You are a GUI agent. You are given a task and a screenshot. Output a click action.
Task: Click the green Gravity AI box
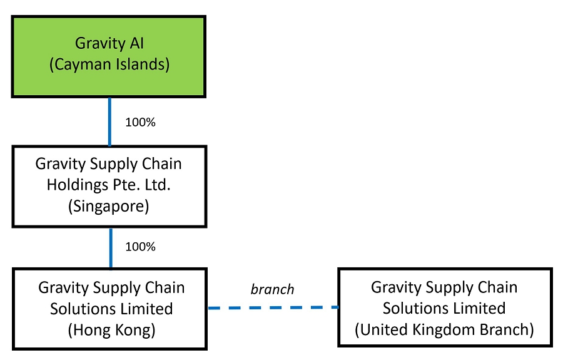coord(109,56)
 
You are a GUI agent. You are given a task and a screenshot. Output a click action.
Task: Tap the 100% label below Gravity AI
coord(140,123)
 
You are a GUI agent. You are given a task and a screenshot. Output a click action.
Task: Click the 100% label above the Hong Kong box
coord(140,247)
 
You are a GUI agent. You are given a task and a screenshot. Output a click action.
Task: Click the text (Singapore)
coord(109,207)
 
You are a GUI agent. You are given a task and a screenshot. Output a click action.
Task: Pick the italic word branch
coord(272,289)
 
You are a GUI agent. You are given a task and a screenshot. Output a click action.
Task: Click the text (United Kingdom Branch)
coord(444,329)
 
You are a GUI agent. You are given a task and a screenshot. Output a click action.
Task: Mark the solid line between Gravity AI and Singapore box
coord(110,121)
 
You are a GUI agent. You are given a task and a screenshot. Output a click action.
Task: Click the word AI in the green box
coord(136,43)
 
